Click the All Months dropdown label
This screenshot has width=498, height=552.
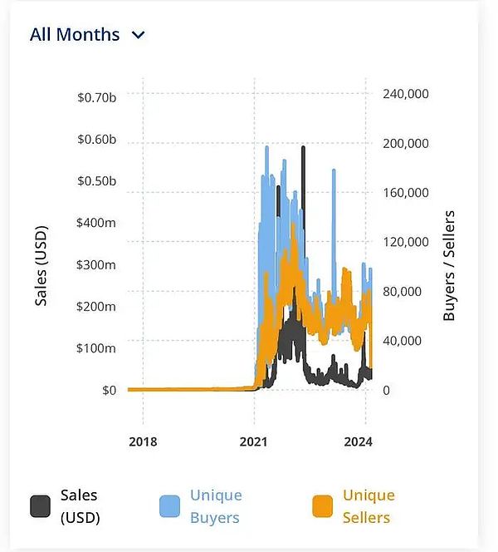pyautogui.click(x=75, y=35)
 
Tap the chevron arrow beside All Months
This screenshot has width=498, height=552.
pyautogui.click(x=139, y=35)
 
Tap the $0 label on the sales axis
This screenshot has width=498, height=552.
pyautogui.click(x=109, y=389)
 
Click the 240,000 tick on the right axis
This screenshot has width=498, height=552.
pyautogui.click(x=405, y=94)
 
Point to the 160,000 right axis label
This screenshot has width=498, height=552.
pyautogui.click(x=405, y=193)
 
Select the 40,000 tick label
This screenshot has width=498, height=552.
pyautogui.click(x=402, y=340)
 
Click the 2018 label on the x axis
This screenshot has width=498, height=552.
pyautogui.click(x=144, y=441)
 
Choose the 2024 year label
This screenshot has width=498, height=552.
pyautogui.click(x=358, y=441)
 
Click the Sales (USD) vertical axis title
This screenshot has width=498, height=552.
pyautogui.click(x=41, y=265)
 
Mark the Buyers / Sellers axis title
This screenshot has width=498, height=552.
pyautogui.click(x=449, y=266)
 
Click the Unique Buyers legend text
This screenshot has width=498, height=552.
pyautogui.click(x=216, y=506)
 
